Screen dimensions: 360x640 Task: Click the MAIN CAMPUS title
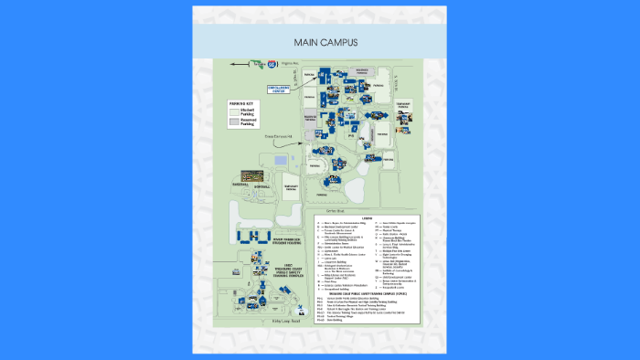point(319,43)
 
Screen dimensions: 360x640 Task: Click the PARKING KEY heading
point(240,104)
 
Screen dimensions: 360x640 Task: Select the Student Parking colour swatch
point(232,111)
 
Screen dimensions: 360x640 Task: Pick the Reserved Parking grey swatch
point(232,122)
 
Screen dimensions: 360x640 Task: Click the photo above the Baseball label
point(251,174)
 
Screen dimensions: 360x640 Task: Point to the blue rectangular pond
point(277,162)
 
